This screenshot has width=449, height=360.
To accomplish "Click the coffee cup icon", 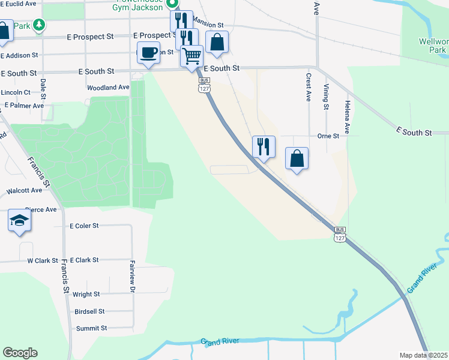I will [x=149, y=53].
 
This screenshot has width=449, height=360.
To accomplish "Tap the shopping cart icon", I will [x=191, y=56].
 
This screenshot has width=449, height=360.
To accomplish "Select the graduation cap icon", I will [x=19, y=221].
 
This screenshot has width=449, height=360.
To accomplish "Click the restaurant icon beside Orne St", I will [x=263, y=146].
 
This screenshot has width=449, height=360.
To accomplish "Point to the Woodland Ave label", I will [x=108, y=88].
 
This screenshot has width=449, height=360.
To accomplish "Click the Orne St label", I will [x=328, y=136].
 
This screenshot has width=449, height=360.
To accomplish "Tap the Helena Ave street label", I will [x=347, y=117].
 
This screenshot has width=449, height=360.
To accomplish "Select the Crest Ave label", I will [x=308, y=88].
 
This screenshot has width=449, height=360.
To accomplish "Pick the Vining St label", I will [x=327, y=97].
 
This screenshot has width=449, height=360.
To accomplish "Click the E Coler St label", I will [x=84, y=226].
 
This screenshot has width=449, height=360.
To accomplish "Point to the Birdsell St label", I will [x=89, y=311].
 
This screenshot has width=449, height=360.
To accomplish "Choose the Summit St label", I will [x=91, y=328].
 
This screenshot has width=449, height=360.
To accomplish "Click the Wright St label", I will [x=86, y=295].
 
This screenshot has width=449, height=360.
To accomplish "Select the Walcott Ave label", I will [x=24, y=190].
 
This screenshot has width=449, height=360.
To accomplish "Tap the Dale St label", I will [x=43, y=89].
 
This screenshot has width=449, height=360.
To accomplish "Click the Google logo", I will [x=20, y=353].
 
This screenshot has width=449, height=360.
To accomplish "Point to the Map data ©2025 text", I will [x=423, y=355].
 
